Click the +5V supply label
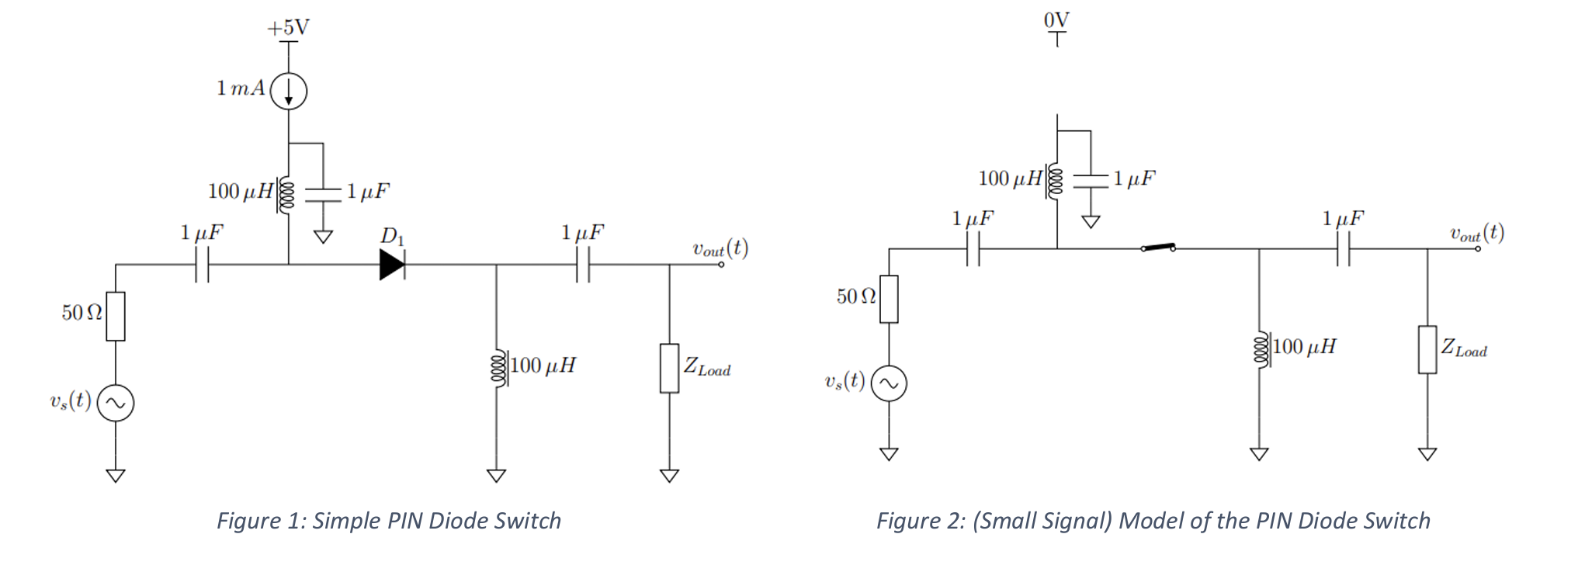pos(288,29)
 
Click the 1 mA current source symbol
pos(289,92)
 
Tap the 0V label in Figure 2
pos(1056,19)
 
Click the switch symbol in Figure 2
pos(1158,248)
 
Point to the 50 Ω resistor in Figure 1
pos(116,316)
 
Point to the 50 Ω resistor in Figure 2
pos(889,299)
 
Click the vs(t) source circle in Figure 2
pos(889,383)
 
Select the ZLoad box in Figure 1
pos(669,368)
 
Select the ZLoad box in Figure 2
pos(1427,349)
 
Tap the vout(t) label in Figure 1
pos(720,248)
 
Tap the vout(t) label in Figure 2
pos(1476,233)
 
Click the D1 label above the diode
pos(392,236)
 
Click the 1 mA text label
pos(241,88)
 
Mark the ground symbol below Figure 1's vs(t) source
pos(116,475)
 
